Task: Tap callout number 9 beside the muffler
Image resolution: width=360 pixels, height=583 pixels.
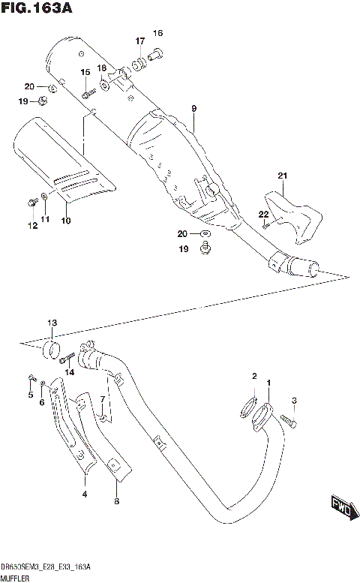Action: point(193,110)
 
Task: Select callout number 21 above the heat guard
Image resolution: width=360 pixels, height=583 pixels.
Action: point(282,176)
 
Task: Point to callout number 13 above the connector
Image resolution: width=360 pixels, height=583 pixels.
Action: point(52,323)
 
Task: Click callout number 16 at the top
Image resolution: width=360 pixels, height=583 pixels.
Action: point(157,33)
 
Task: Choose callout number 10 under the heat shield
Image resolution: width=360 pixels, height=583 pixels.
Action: point(65,221)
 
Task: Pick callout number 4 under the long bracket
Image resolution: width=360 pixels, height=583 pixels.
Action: point(84,494)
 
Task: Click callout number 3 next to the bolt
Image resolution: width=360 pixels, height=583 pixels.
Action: point(295,400)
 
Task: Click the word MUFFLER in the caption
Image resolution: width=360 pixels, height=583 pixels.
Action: point(16,578)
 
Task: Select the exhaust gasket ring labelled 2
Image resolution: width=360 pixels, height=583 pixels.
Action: point(245,410)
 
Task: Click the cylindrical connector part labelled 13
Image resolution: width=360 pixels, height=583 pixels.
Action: point(51,349)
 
